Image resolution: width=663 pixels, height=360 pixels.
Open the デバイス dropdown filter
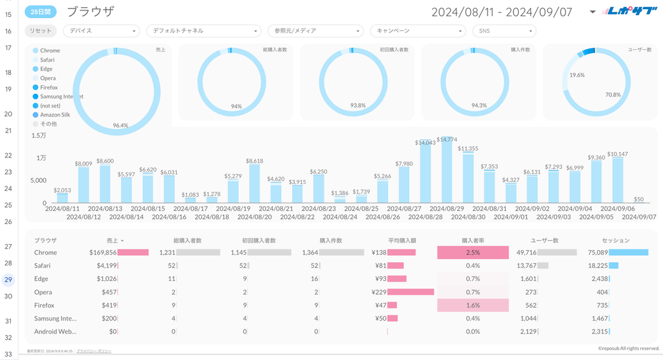tap(102, 30)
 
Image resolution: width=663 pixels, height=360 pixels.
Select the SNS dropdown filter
tap(504, 30)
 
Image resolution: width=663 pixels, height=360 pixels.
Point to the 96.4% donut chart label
tap(120, 125)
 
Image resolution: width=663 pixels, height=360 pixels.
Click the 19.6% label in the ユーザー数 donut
tap(577, 75)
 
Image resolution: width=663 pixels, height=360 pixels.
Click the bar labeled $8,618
tap(254, 183)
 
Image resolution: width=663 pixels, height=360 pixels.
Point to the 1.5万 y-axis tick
tap(38, 135)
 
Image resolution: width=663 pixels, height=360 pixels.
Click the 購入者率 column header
tap(473, 240)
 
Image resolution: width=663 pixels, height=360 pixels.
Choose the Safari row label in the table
tap(43, 265)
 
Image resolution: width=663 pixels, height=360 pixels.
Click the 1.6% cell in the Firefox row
tap(473, 305)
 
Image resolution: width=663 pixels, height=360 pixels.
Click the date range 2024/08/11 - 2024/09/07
tap(501, 12)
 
